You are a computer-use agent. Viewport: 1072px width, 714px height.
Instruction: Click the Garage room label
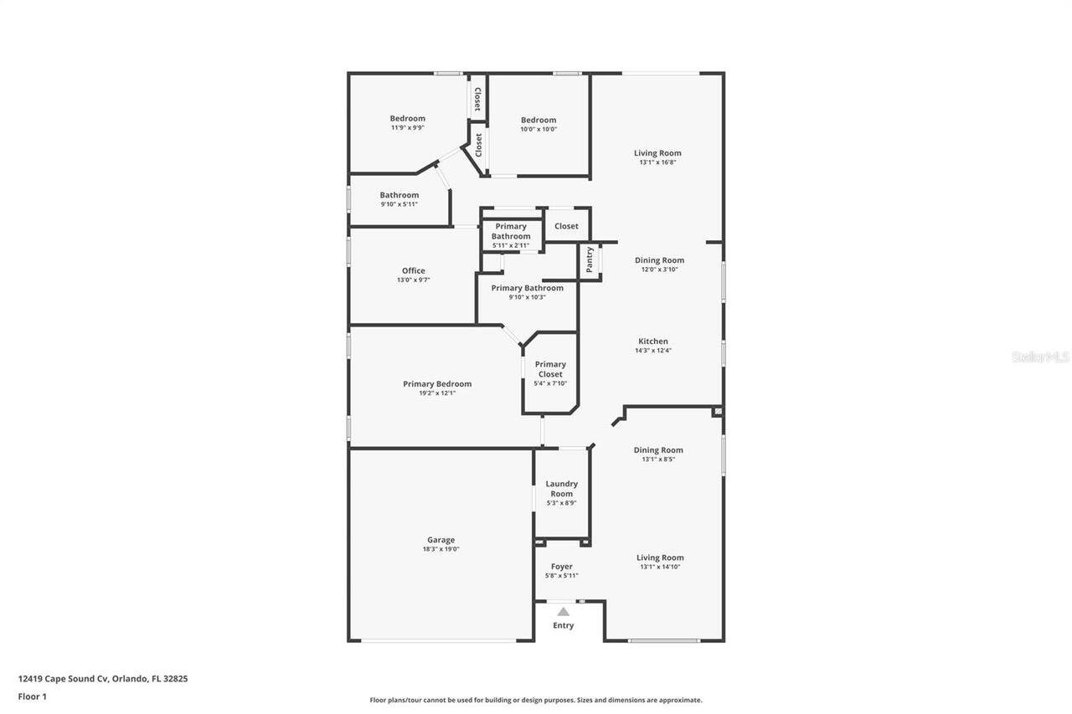click(x=441, y=540)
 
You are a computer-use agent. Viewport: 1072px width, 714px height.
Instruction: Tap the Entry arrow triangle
click(x=564, y=612)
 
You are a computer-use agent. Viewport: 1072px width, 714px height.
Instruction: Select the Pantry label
click(x=590, y=259)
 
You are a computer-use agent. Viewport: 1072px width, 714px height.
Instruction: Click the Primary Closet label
click(x=550, y=369)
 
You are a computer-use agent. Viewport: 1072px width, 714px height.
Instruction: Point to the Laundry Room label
click(x=561, y=489)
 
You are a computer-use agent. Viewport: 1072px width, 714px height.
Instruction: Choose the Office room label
click(x=413, y=270)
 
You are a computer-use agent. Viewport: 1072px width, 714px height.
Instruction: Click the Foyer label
click(x=561, y=567)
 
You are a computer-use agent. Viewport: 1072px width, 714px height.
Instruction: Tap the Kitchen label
click(x=653, y=342)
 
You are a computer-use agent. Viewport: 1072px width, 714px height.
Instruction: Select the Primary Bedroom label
click(x=437, y=384)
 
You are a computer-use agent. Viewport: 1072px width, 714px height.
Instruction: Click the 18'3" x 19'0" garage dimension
click(x=441, y=549)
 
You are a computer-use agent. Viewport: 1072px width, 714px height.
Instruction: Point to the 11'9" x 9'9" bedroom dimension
click(x=407, y=128)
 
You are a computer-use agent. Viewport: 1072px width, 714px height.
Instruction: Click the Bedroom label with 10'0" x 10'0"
click(x=538, y=120)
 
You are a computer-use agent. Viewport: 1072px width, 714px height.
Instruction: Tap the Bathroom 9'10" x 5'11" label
click(x=399, y=195)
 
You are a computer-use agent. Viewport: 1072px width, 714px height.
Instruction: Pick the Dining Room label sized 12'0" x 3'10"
click(x=659, y=260)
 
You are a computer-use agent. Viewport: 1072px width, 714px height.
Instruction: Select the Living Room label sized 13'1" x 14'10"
click(x=660, y=557)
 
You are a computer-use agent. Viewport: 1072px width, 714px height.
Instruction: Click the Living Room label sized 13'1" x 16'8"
click(x=657, y=153)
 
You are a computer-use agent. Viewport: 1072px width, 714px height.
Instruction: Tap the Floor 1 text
click(x=33, y=696)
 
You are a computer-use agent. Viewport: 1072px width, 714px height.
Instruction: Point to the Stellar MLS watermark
click(x=1040, y=357)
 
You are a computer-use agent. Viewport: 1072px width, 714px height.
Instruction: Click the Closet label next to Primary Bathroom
click(x=566, y=226)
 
